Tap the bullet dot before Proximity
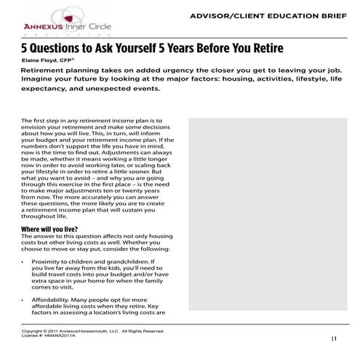(x=25, y=260)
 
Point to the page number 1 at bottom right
(x=335, y=339)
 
